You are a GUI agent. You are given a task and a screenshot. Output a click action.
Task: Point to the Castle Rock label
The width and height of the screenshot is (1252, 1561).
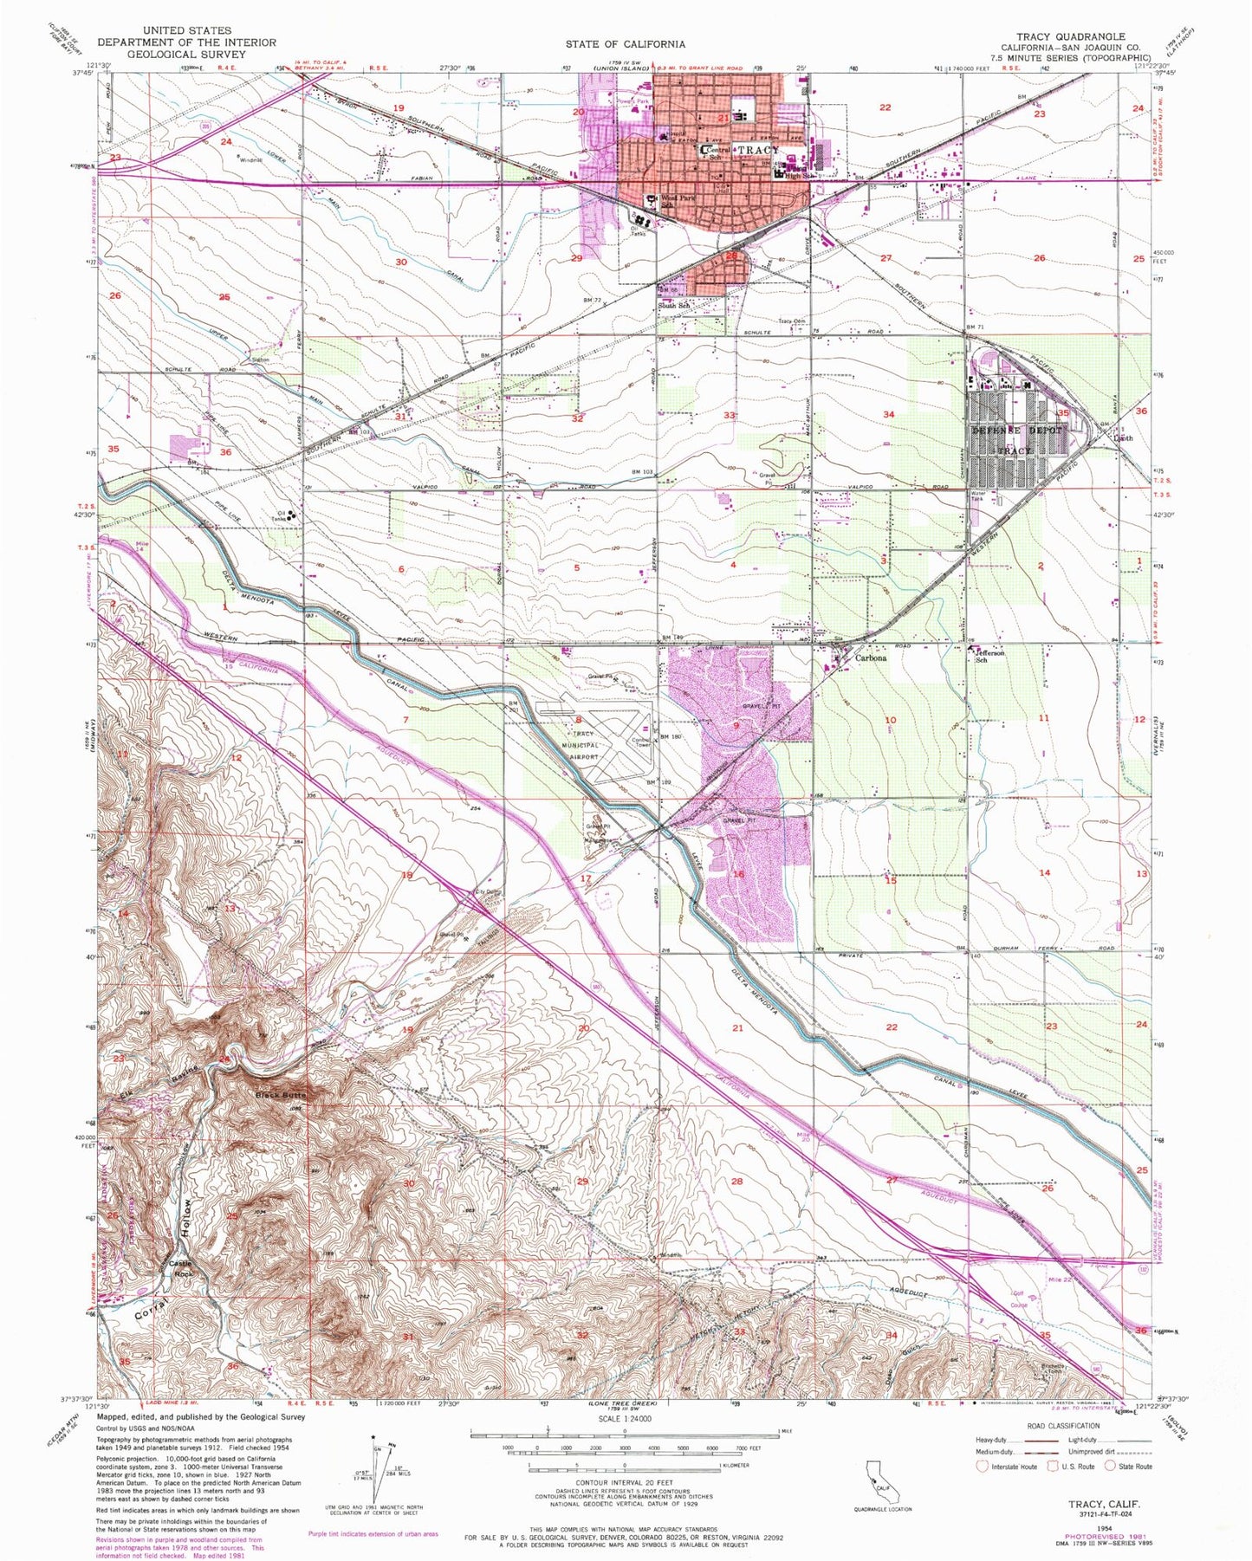(180, 1268)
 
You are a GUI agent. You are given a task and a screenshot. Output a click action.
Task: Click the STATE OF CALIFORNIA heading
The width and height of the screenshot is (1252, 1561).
(625, 43)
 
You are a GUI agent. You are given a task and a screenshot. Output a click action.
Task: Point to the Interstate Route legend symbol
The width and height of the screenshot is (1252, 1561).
(983, 1467)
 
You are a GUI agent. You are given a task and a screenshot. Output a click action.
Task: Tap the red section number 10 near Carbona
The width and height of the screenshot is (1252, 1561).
(890, 720)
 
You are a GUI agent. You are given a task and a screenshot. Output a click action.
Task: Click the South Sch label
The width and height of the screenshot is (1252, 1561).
(673, 306)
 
